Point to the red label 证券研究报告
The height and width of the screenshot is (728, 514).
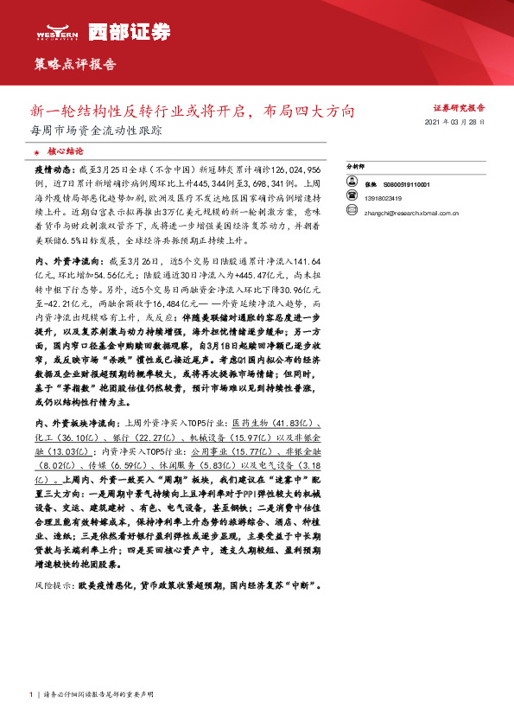coord(459,109)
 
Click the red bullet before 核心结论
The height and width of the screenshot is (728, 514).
coord(36,150)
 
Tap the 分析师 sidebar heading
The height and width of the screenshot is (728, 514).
coord(355,165)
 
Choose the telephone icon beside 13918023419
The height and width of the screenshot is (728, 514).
coord(352,197)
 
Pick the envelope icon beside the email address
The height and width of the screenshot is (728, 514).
coord(352,208)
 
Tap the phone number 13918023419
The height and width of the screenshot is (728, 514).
coord(384,197)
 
